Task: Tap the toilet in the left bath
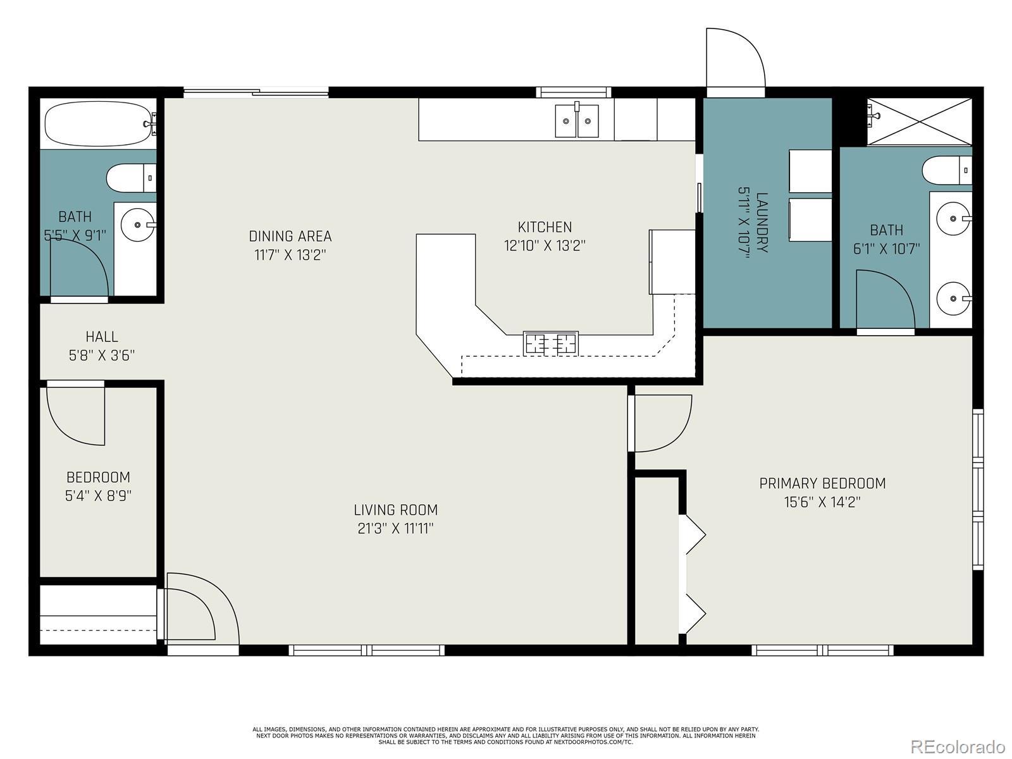pos(132,178)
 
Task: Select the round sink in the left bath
pos(137,225)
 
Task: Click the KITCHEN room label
pos(545,226)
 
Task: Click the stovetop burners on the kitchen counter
pos(550,343)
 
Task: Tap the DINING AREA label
pos(290,236)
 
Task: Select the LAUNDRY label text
pos(762,222)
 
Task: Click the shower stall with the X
pos(919,121)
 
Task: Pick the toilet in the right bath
pos(947,171)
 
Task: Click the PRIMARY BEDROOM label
pos(822,483)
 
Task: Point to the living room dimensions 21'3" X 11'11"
pos(395,528)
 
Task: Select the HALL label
pos(102,336)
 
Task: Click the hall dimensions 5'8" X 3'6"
pos(102,355)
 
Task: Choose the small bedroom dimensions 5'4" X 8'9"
pos(98,495)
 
